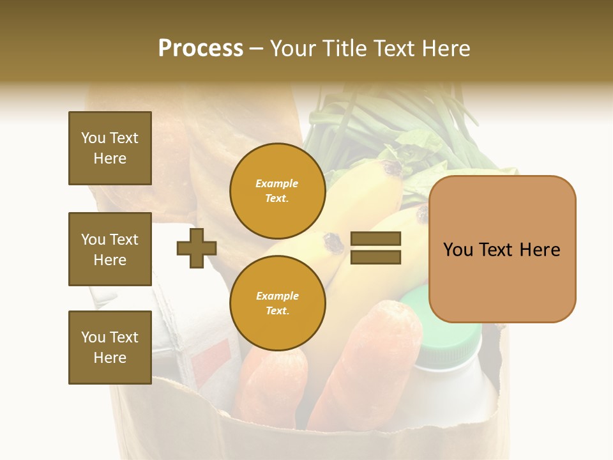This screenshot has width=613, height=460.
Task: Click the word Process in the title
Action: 201,49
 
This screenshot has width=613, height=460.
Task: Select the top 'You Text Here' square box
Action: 110,148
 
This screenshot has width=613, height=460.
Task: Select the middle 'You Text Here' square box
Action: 110,249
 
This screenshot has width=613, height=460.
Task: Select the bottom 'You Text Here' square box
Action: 110,348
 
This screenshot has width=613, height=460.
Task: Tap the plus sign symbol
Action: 197,248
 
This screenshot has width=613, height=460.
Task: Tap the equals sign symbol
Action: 375,248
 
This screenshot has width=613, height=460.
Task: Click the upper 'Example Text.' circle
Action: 277,190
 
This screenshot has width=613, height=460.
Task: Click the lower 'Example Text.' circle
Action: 277,303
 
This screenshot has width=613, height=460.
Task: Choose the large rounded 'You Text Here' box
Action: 502,249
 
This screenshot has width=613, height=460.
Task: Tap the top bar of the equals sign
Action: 375,239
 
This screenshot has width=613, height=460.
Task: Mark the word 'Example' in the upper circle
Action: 277,183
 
